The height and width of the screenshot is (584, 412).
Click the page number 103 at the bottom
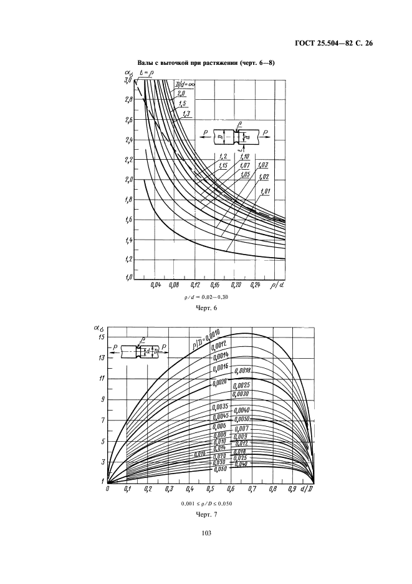206,533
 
